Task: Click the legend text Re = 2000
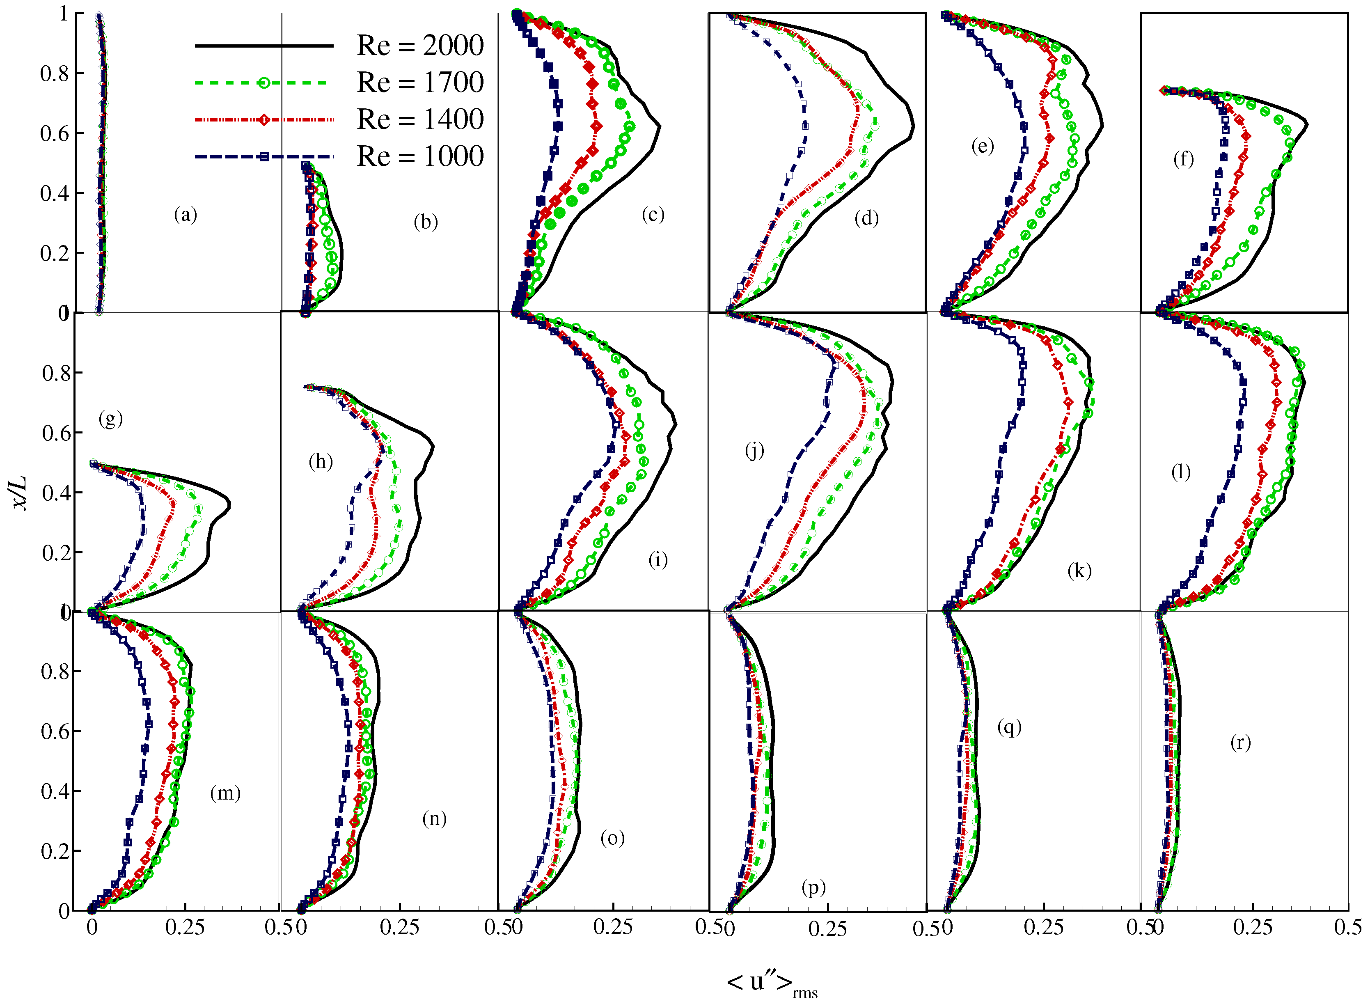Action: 420,46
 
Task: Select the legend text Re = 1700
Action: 420,83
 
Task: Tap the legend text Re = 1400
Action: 420,120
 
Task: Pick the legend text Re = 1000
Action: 420,157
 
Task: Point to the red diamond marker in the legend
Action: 263,120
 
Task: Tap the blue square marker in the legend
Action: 263,157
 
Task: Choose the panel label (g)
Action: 110,418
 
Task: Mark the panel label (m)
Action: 225,793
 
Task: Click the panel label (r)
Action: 1240,742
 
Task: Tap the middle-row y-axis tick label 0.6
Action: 57,433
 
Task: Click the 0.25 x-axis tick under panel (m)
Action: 185,927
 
